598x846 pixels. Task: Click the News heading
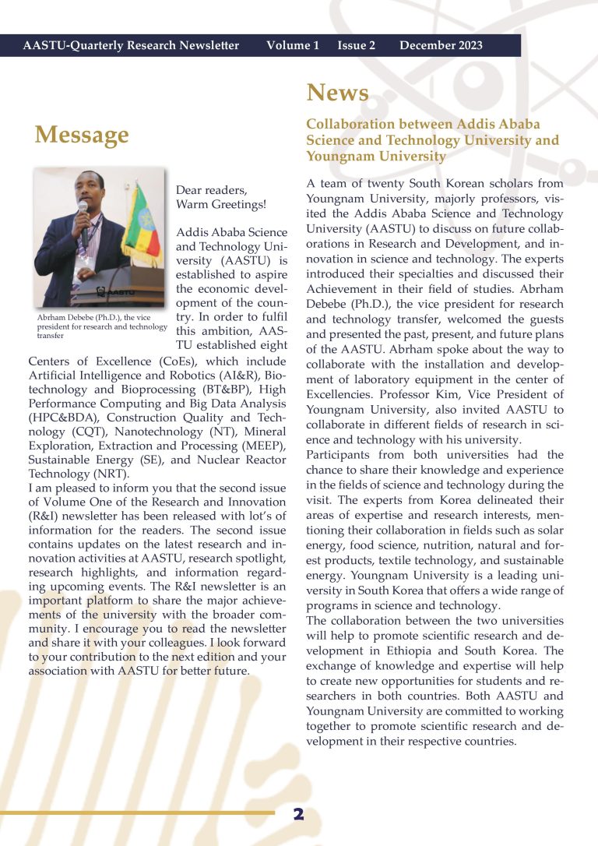(x=337, y=93)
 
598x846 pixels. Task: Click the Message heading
(x=82, y=135)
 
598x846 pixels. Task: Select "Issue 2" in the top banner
(x=356, y=46)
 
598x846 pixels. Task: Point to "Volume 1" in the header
(x=292, y=46)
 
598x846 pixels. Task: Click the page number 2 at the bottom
(x=298, y=815)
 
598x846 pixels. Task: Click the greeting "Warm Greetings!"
(x=221, y=205)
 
